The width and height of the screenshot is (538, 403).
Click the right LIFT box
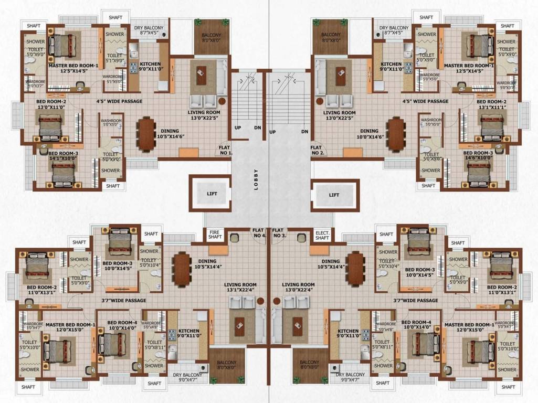point(334,195)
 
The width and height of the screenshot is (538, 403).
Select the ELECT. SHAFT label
point(321,235)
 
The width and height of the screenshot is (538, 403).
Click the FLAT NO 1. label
point(226,150)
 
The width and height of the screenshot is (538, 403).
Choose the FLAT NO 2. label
point(318,150)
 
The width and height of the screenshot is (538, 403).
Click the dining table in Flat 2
point(395,134)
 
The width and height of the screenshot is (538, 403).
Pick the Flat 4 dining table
point(182,269)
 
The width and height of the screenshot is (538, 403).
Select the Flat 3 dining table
point(356,269)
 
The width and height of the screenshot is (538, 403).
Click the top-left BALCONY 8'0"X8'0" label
point(212,38)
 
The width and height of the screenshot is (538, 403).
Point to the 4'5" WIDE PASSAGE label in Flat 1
point(119,101)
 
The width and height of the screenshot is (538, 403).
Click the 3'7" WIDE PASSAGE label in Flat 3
point(416,301)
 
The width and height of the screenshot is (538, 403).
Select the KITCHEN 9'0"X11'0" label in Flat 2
point(391,67)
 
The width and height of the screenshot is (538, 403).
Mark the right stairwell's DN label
point(304,132)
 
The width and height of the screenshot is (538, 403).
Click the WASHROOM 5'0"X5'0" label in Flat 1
point(111,123)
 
